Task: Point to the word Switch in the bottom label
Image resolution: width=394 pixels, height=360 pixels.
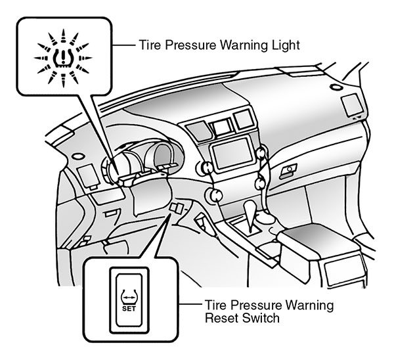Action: [x=263, y=319]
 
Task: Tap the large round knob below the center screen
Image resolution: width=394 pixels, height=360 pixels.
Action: [x=214, y=194]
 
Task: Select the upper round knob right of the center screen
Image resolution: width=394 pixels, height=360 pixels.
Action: [x=263, y=153]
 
